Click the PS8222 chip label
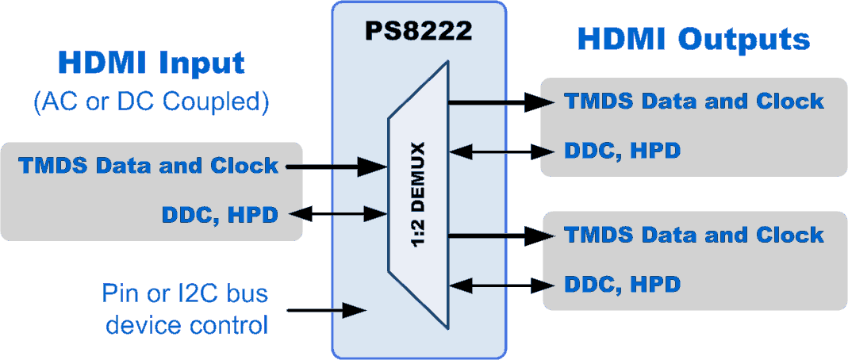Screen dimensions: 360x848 tap(418, 31)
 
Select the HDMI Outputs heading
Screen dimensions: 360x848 tap(693, 39)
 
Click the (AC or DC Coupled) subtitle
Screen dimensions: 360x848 tap(152, 101)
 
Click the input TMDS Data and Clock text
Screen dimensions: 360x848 tap(148, 166)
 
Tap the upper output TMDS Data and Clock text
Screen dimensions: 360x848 tap(693, 101)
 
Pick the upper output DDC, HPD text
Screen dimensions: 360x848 tap(622, 149)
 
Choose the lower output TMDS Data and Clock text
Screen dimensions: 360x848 tap(693, 235)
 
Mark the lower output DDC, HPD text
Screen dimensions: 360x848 tap(622, 283)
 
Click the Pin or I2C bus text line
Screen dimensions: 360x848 tap(185, 294)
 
